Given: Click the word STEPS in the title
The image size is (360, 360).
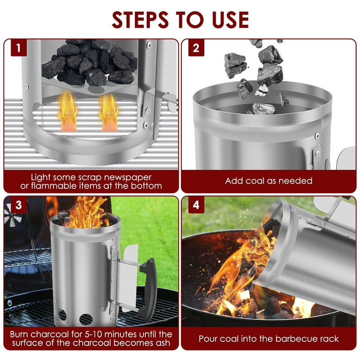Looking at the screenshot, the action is pyautogui.click(x=140, y=20).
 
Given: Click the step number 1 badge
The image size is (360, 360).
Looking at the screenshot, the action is pyautogui.click(x=19, y=48).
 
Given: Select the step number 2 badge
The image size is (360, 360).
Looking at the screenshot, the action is pyautogui.click(x=196, y=48).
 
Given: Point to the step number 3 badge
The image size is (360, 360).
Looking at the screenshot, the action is pyautogui.click(x=19, y=205).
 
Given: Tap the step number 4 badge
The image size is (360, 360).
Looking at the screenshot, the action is pyautogui.click(x=196, y=205).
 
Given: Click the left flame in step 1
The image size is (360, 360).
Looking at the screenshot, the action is pyautogui.click(x=67, y=112).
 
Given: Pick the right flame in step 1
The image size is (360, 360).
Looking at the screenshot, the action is pyautogui.click(x=109, y=112).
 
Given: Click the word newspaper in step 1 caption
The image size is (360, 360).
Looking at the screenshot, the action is pyautogui.click(x=127, y=178).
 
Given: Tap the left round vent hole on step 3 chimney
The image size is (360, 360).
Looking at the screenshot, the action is pyautogui.click(x=62, y=315).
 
